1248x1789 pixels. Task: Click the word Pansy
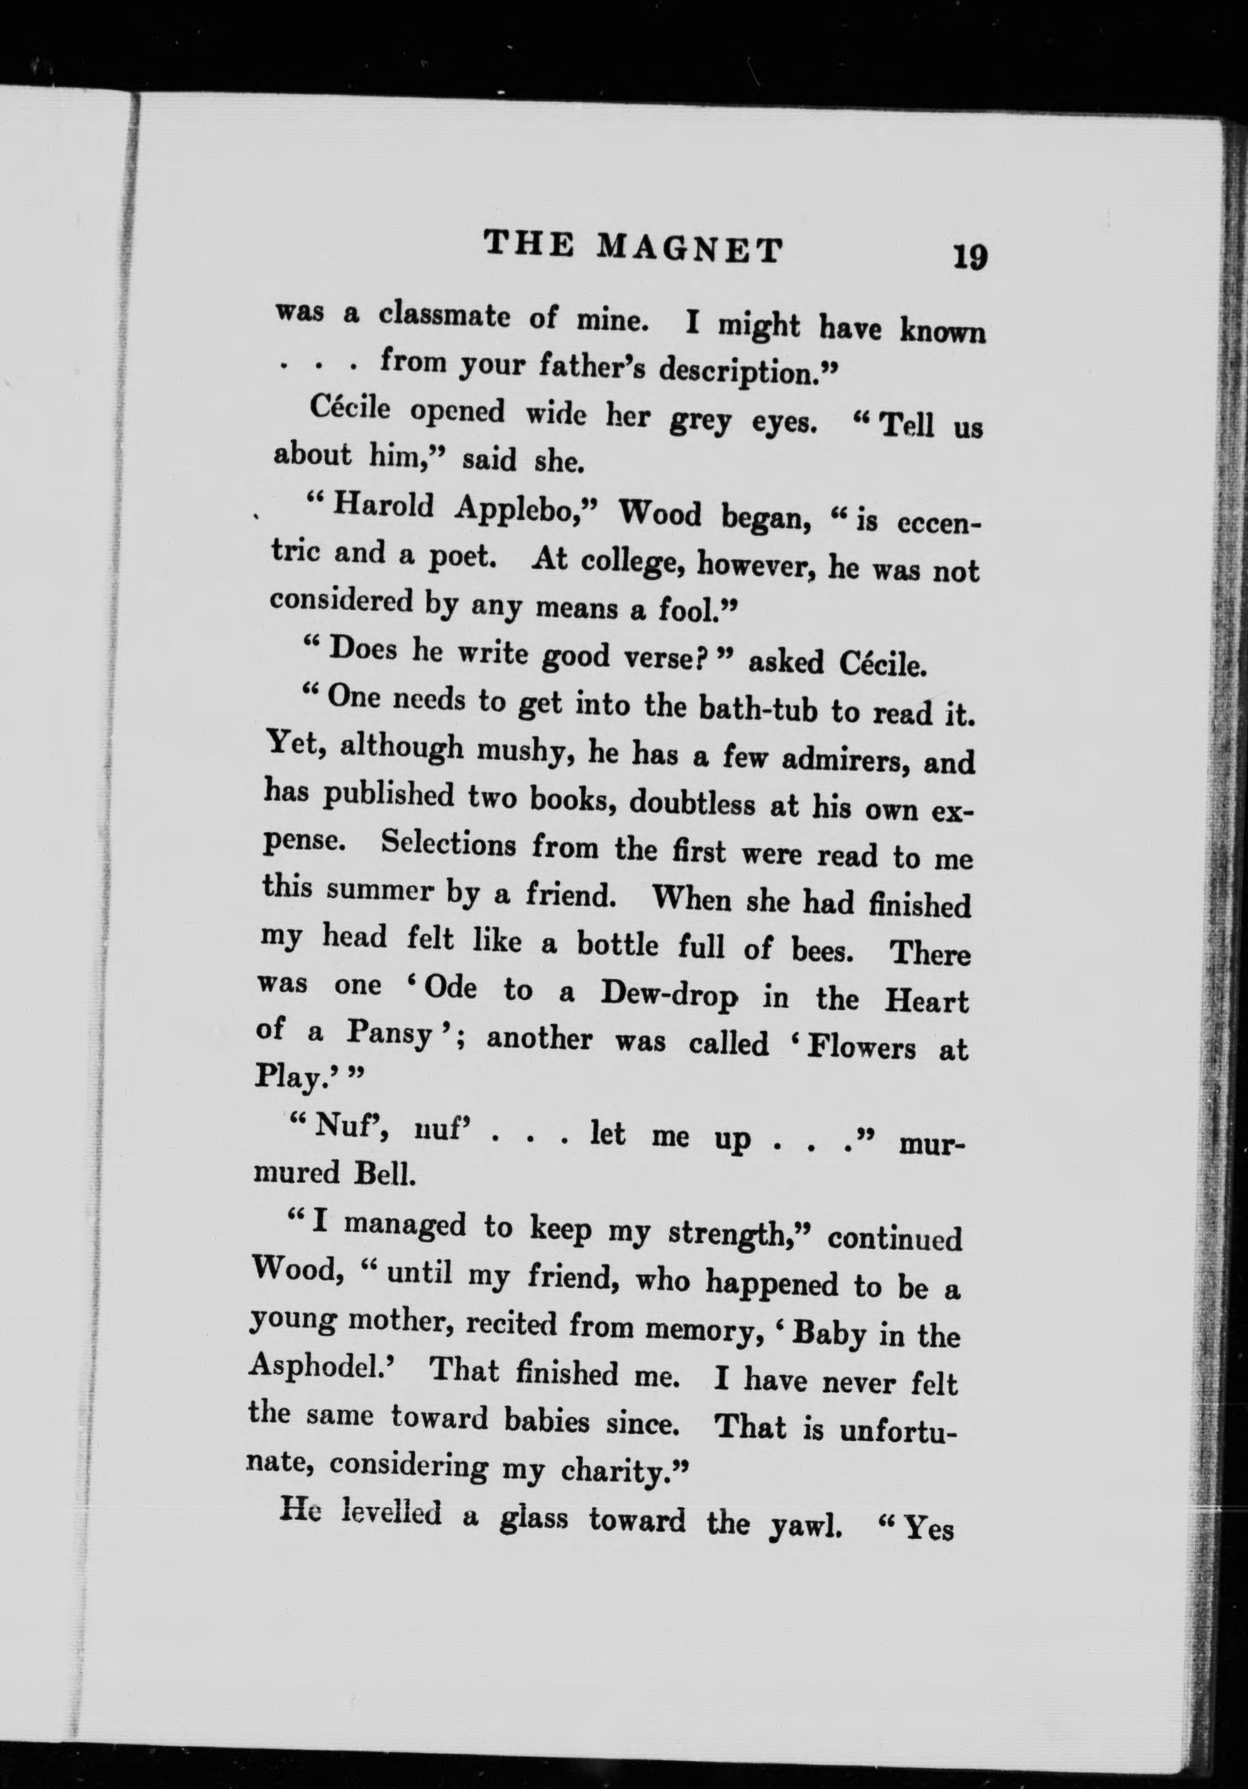[390, 1035]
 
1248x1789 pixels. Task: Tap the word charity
[616, 1467]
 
